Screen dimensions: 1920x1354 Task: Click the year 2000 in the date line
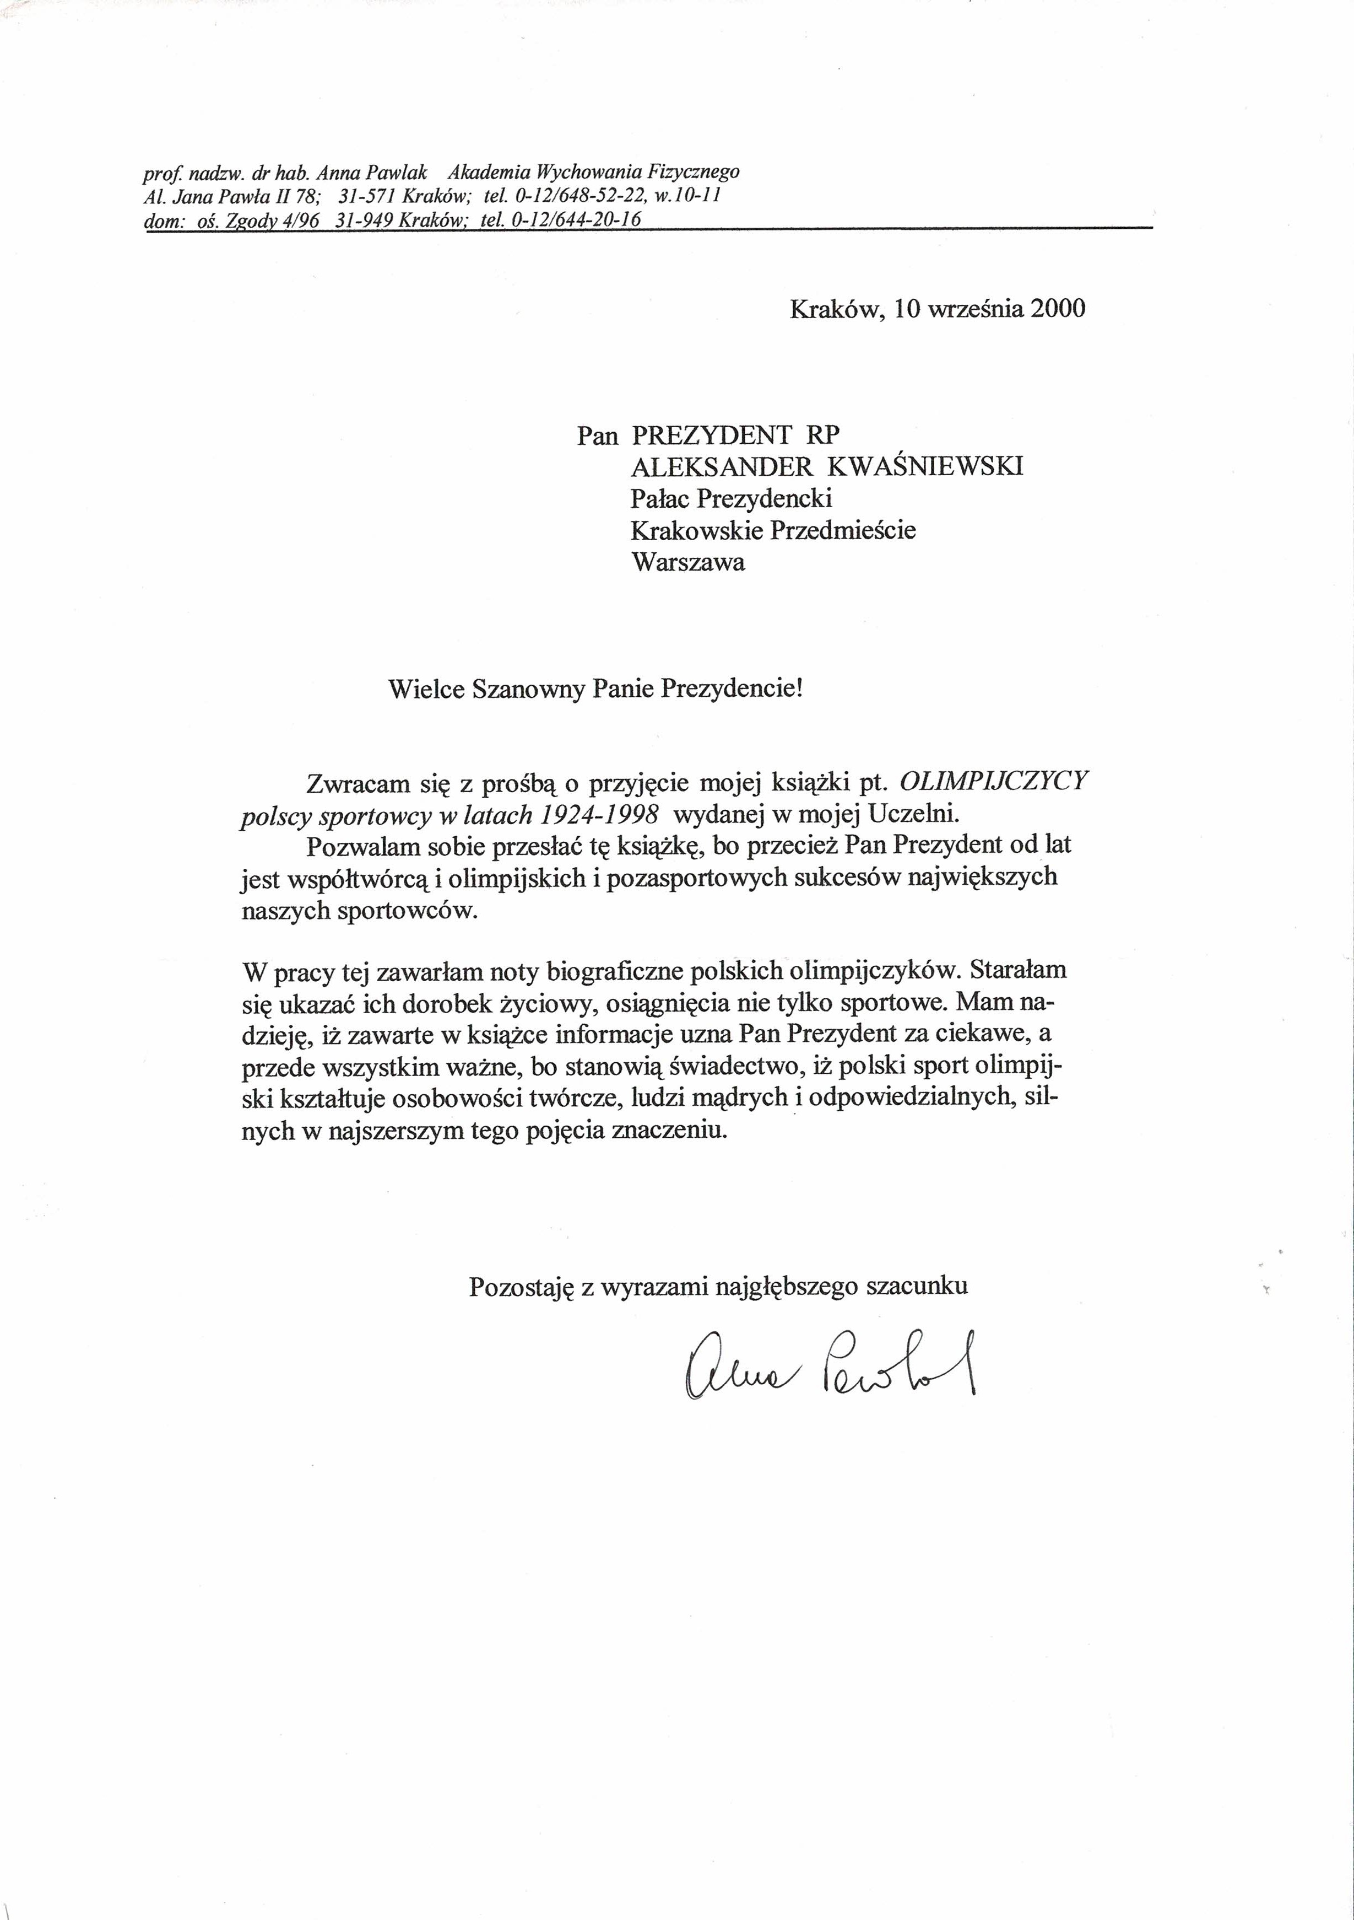pyautogui.click(x=1058, y=309)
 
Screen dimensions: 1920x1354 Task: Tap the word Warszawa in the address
pyautogui.click(x=688, y=561)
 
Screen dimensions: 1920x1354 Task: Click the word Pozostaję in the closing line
pyautogui.click(x=520, y=1286)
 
